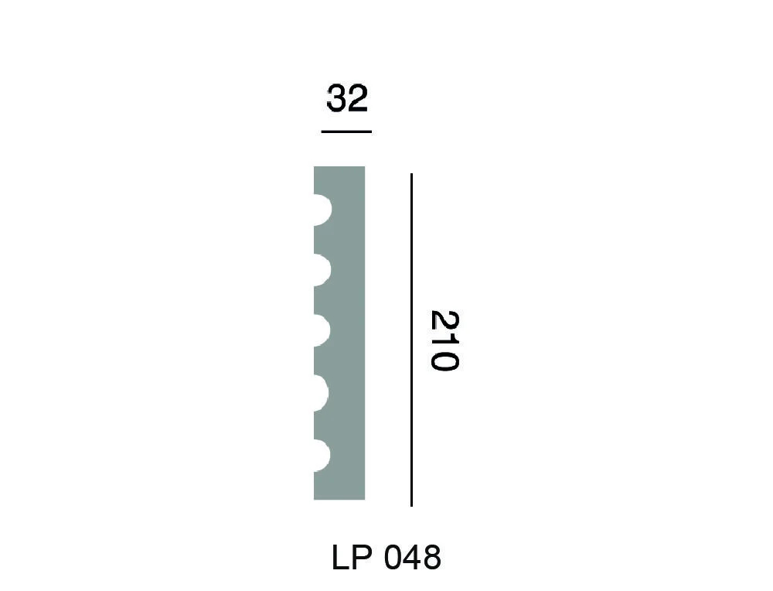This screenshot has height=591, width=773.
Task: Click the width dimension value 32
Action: [x=346, y=99]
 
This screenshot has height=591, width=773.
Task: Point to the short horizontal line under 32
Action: [x=346, y=132]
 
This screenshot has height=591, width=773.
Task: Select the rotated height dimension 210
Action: [x=444, y=340]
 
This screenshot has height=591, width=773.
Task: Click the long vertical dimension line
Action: [x=411, y=340]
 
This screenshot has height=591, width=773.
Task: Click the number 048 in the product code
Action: [x=411, y=557]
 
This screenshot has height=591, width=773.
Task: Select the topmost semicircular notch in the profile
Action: [x=322, y=210]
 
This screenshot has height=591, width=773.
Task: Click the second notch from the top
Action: [x=322, y=270]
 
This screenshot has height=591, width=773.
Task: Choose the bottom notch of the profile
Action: [x=322, y=456]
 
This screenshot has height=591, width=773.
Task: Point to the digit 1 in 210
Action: [x=444, y=341]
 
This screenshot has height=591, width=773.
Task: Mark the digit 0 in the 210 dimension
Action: [x=444, y=360]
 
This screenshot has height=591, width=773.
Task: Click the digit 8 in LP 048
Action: [x=431, y=557]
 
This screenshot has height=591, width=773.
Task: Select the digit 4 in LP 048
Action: [x=411, y=557]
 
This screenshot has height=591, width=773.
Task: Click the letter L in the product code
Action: [x=340, y=557]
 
